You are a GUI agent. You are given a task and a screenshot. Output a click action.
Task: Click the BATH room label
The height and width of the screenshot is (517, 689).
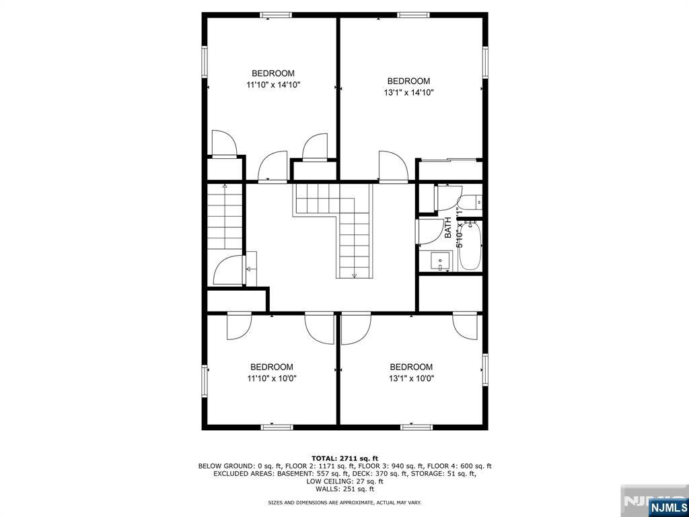point(448,228)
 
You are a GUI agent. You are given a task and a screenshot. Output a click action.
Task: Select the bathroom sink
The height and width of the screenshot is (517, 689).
point(441,259)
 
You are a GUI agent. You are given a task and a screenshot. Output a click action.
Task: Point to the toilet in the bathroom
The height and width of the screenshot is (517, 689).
point(472,201)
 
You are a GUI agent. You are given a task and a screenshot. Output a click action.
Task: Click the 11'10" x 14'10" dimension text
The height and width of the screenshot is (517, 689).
point(273,85)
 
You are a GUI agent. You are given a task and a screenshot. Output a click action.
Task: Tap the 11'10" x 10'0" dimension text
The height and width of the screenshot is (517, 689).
point(272,378)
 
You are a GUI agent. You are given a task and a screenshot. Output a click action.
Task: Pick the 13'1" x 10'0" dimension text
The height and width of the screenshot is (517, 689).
point(411,378)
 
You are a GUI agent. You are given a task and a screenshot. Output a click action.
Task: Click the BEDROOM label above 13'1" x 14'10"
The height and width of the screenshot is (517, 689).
point(408,81)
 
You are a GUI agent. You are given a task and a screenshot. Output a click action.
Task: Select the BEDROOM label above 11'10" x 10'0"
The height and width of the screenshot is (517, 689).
point(272,367)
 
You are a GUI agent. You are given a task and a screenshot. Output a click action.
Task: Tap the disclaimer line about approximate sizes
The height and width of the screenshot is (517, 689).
point(344,503)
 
